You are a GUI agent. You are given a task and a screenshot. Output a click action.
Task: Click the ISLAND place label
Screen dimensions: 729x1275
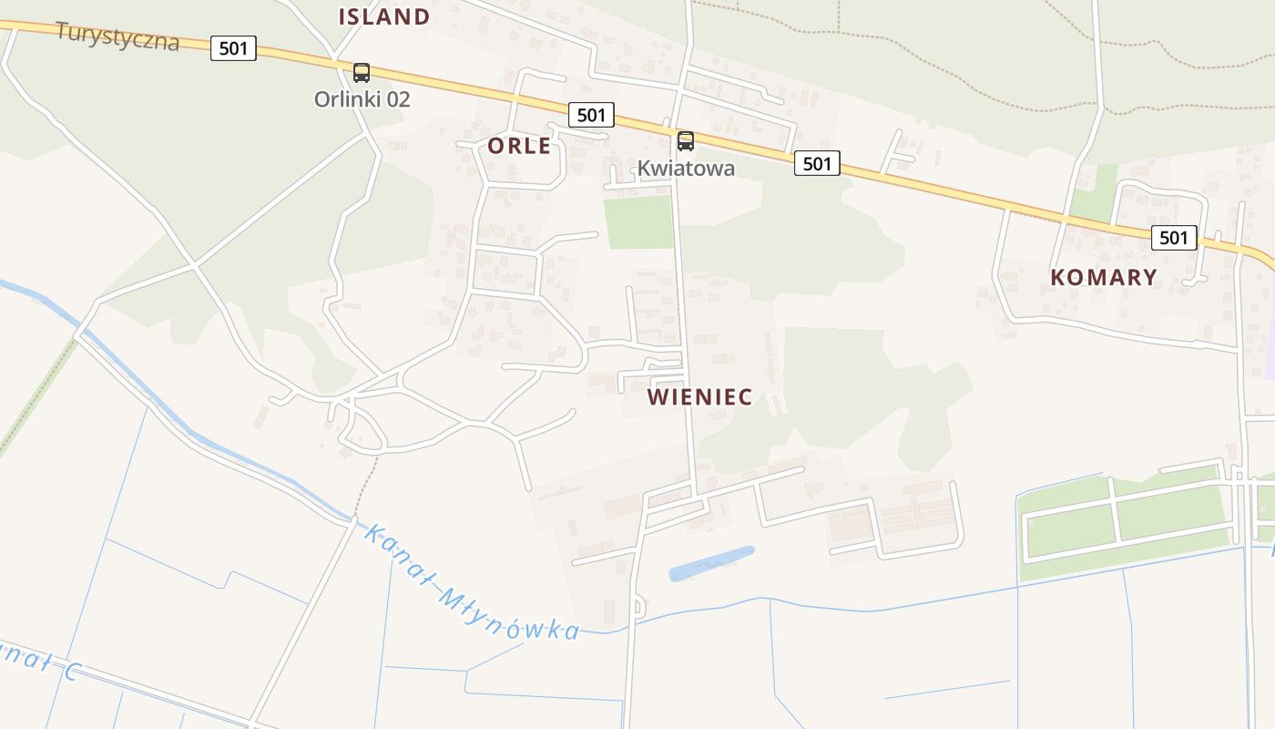coord(383,16)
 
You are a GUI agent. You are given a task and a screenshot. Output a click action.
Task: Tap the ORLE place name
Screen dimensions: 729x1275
coord(519,146)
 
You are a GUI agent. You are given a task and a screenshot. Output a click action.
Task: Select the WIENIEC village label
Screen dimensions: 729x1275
coord(699,397)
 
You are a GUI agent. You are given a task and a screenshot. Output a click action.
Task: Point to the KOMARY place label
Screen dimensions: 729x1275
coord(1104,278)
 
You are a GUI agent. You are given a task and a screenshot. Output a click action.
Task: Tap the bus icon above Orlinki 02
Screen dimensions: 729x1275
coord(362,73)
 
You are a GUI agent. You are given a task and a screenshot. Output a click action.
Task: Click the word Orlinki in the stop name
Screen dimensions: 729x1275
coord(344,99)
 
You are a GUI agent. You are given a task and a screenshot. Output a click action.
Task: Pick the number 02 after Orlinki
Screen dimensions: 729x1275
coord(397,99)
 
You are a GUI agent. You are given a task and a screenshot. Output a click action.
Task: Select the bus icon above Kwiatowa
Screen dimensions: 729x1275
coord(686,141)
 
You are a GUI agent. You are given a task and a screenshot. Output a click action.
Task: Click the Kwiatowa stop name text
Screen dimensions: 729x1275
coord(686,169)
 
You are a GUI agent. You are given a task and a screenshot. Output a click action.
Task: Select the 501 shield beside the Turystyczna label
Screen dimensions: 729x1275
coord(233,48)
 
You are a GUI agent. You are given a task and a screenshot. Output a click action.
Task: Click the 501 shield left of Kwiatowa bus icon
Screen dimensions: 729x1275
coord(591,115)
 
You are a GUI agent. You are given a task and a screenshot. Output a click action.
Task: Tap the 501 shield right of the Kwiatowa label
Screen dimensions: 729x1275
coord(817,163)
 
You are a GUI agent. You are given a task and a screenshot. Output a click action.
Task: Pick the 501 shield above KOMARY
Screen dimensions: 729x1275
coord(1174,238)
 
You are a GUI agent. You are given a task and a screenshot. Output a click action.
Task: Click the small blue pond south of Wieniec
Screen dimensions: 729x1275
coord(711,563)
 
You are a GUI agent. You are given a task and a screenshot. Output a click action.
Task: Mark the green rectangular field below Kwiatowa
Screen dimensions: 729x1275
coord(637,221)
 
